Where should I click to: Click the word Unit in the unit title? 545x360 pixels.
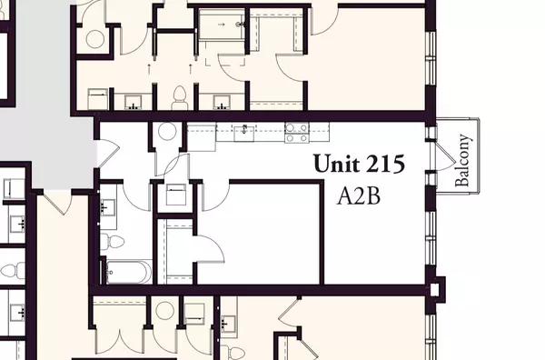click(x=336, y=165)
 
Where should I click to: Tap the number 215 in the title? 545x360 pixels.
click(x=383, y=165)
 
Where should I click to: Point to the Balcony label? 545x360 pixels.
click(x=463, y=161)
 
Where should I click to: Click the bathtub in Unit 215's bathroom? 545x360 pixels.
click(x=128, y=271)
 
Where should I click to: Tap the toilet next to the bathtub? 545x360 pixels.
click(x=105, y=241)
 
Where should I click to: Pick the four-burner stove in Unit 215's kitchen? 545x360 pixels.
click(x=296, y=133)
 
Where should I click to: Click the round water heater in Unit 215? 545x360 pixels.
click(x=168, y=131)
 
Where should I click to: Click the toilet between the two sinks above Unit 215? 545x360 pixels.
click(x=179, y=95)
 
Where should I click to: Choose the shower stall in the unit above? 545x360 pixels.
click(x=219, y=27)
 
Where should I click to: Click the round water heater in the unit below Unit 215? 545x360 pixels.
click(x=163, y=309)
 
